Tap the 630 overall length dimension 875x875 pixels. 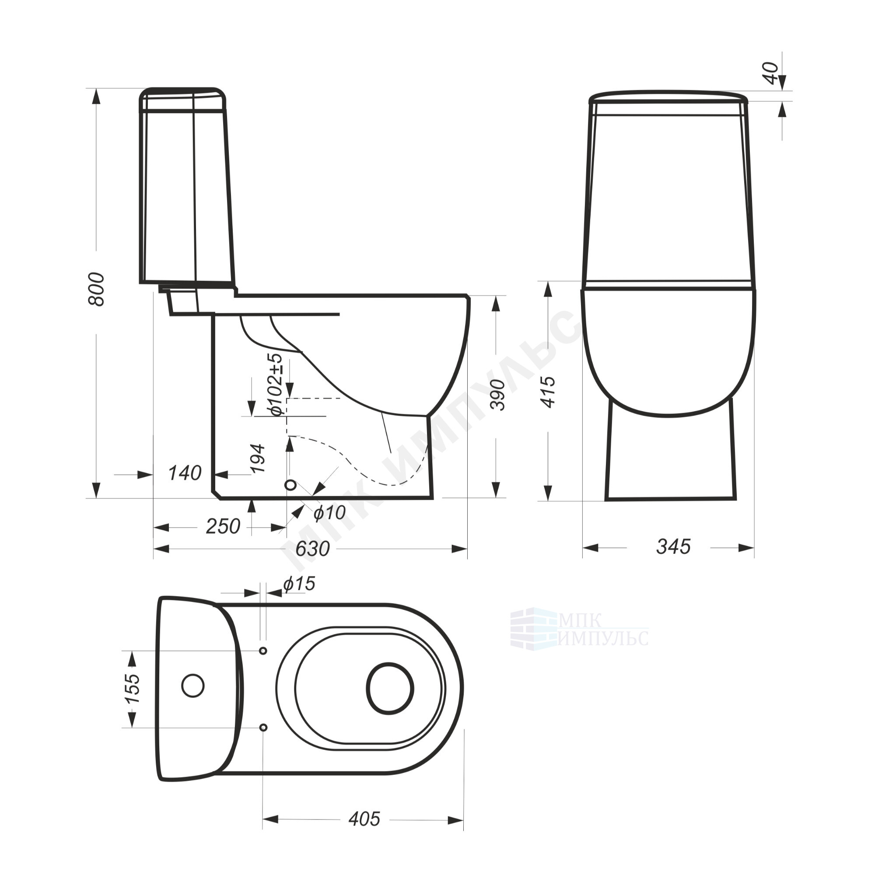(x=312, y=549)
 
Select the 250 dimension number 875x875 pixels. (x=223, y=526)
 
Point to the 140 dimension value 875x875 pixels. (x=184, y=473)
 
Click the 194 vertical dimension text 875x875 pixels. (x=258, y=458)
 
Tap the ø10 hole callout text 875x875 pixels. (x=330, y=512)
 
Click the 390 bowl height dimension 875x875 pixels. (x=498, y=395)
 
